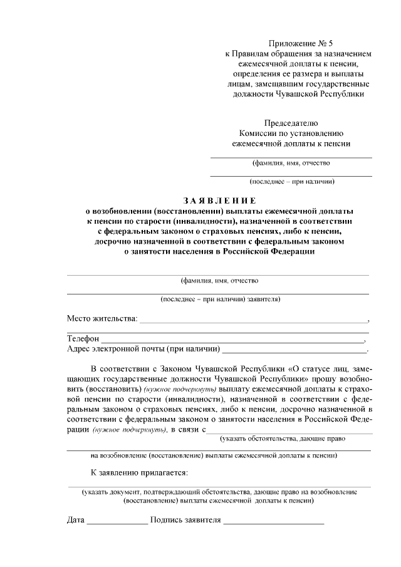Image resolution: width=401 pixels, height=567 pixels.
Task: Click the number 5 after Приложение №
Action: tap(331, 44)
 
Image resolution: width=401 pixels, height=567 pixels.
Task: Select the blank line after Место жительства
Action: tap(253, 320)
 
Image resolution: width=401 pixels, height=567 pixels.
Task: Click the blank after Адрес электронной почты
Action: tap(294, 350)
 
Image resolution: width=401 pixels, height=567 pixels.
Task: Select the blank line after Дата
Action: tap(117, 521)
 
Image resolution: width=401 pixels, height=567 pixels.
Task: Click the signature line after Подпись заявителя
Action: tap(274, 521)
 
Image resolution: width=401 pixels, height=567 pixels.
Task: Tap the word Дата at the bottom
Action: tap(76, 520)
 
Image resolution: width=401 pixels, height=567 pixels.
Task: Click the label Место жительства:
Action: tap(102, 319)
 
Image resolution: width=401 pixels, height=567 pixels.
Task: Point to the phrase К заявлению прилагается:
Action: tap(139, 472)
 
